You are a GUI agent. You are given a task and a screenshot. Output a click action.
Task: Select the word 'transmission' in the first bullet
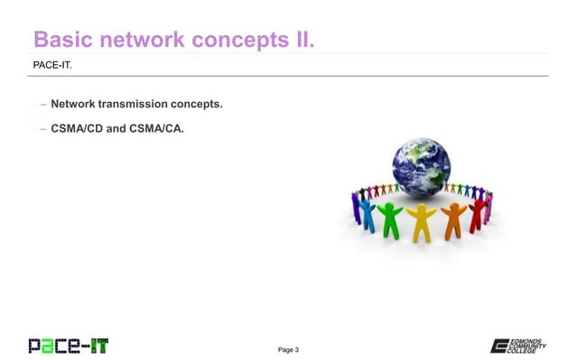click(135, 106)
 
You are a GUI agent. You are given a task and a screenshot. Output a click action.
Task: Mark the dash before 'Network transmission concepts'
click(42, 106)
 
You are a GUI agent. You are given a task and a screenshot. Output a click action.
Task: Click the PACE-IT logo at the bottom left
click(68, 344)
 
